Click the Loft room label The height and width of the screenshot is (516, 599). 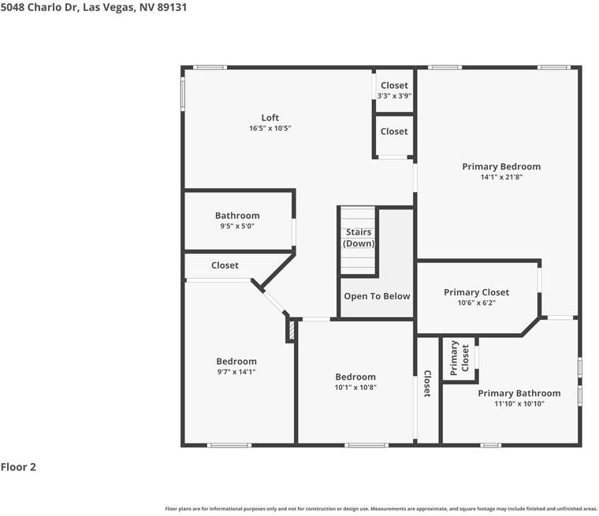[270, 117]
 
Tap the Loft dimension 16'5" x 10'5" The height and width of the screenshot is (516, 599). [270, 128]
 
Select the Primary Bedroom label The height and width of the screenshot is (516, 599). [501, 166]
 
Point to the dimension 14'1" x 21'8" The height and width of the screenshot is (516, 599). [501, 176]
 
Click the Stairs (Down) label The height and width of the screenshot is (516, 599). [359, 238]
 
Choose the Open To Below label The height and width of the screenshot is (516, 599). [377, 296]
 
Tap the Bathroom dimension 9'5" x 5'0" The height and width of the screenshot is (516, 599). [237, 226]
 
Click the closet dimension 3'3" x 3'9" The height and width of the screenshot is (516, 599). [394, 96]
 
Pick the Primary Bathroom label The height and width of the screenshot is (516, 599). [519, 393]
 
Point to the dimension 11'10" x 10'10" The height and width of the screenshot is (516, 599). [519, 403]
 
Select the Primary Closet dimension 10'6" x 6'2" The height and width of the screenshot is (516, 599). [476, 303]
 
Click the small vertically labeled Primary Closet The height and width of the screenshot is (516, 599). [459, 358]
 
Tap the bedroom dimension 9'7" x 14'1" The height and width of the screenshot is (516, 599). [236, 372]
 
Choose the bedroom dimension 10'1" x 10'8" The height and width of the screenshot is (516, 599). [355, 388]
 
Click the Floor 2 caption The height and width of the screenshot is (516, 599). [18, 466]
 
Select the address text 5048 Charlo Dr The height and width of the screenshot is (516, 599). [39, 7]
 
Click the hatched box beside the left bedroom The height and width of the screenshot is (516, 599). [292, 331]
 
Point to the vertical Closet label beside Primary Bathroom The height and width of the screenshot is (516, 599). [427, 384]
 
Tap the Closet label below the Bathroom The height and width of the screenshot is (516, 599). [225, 265]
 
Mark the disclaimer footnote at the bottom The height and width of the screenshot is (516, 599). [381, 509]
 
